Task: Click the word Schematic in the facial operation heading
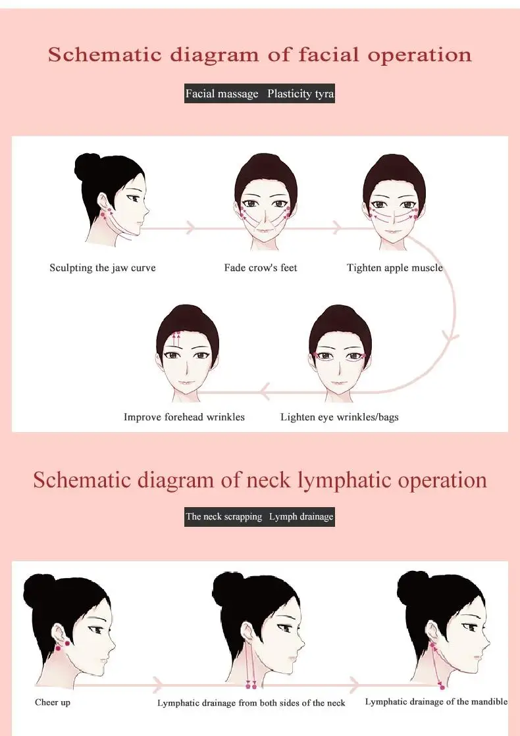105,55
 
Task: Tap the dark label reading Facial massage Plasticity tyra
259,93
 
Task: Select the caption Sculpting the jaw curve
103,268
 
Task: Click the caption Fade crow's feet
261,268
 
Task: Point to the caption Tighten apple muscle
394,268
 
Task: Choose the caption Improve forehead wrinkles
184,417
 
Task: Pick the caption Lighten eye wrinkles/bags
339,417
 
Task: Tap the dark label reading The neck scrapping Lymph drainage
259,517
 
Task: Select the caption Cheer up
53,702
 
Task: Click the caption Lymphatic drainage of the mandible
436,702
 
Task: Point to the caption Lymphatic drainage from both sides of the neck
251,702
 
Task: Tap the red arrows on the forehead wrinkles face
177,339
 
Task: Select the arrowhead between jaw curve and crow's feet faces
190,228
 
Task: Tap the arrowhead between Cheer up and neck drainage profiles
158,684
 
